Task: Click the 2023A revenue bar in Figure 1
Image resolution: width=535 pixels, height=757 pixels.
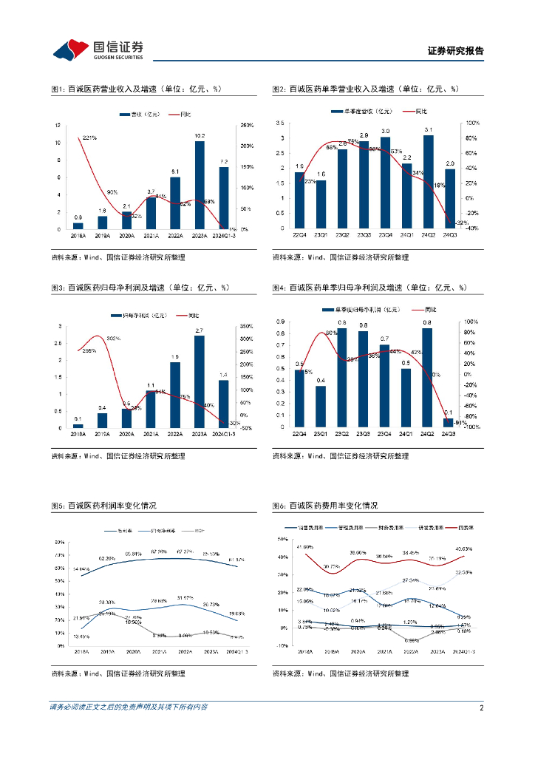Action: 200,185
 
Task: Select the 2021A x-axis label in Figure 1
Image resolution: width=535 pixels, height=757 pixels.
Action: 151,236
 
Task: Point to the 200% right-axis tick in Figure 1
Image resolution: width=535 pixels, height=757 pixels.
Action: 248,146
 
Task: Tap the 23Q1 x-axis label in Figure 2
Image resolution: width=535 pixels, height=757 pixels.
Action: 321,236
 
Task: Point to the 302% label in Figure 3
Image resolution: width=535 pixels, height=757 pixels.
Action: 113,339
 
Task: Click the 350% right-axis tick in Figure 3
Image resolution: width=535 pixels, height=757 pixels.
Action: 247,326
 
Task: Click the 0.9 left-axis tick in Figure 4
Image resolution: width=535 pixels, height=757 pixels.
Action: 281,322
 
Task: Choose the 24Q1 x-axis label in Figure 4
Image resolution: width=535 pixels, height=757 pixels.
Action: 406,435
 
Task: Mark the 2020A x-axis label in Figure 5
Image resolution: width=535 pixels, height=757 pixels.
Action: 134,652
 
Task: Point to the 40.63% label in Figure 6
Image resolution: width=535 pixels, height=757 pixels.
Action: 463,549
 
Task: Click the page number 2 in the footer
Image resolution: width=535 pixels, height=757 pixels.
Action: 481,707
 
